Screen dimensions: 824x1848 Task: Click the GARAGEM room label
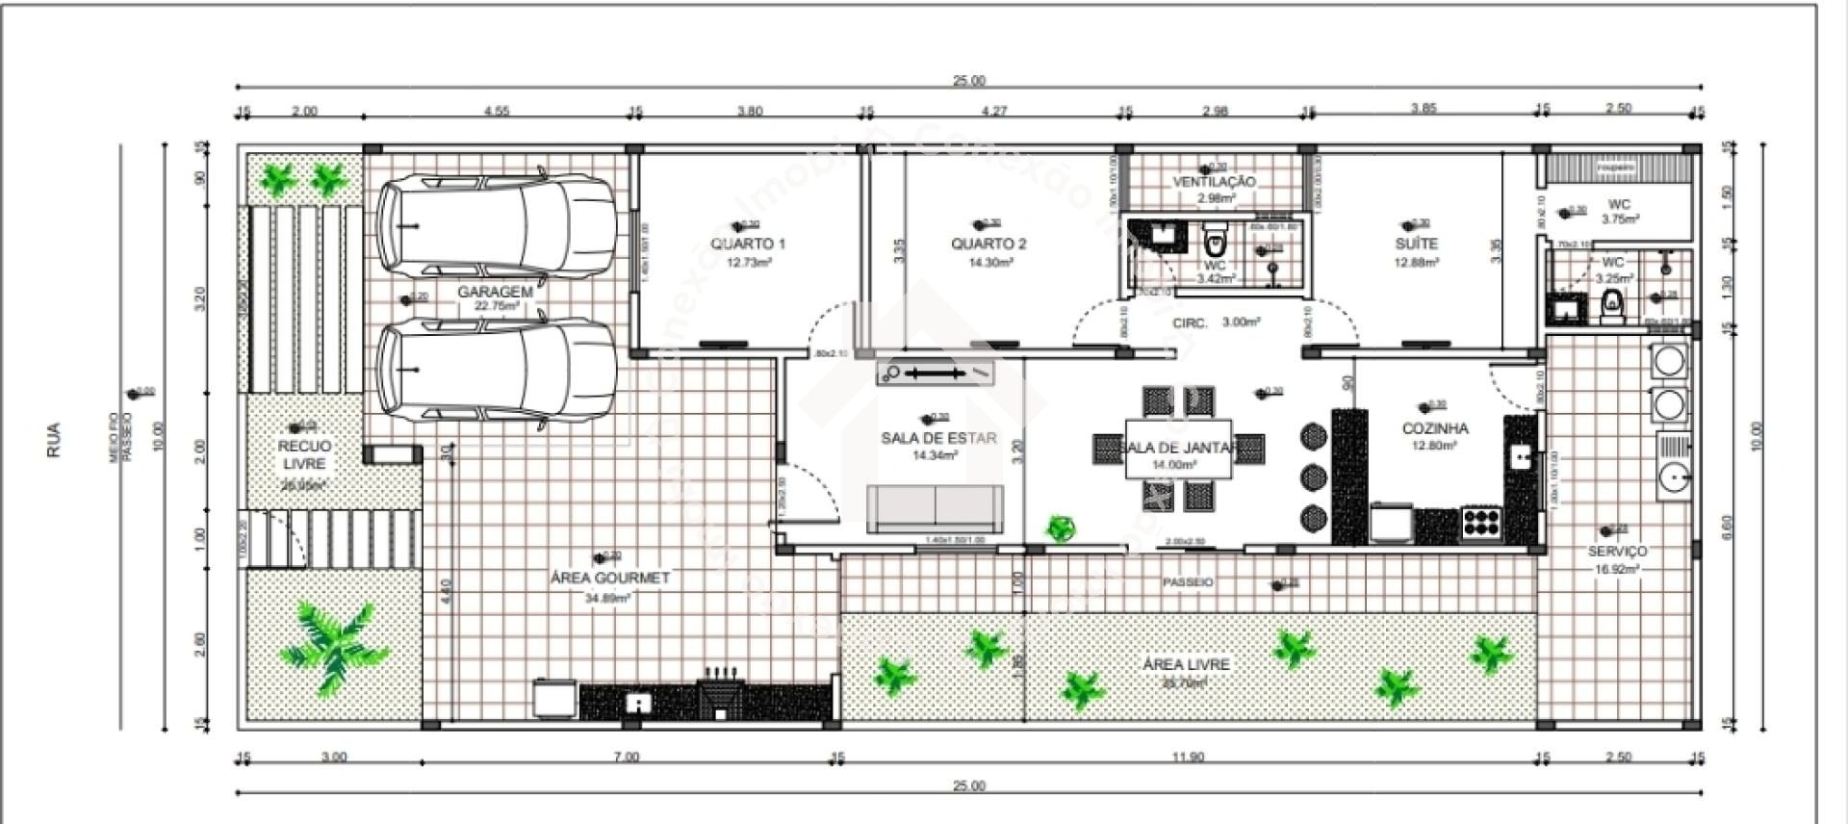(x=495, y=292)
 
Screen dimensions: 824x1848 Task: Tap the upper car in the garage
(x=496, y=224)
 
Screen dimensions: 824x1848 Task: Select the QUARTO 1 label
(x=748, y=244)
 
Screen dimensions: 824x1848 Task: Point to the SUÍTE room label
(x=1416, y=244)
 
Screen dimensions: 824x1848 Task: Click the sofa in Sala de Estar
(x=935, y=508)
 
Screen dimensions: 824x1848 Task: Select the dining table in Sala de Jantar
(x=1179, y=449)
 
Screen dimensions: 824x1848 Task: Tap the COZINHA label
(x=1434, y=428)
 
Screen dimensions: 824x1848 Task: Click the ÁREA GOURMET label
(x=609, y=578)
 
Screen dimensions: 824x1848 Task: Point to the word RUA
(x=54, y=440)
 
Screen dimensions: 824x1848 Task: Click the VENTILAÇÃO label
(x=1214, y=181)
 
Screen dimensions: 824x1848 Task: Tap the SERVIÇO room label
(x=1617, y=551)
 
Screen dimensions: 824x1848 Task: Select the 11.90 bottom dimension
(x=1188, y=758)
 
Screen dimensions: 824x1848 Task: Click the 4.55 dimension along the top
(x=496, y=112)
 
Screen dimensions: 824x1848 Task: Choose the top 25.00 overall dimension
(x=968, y=81)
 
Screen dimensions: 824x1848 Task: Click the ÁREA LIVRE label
(x=1186, y=664)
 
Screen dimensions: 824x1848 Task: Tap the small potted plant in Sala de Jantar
(x=1061, y=528)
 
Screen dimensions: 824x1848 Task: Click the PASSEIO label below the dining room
(x=1187, y=582)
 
